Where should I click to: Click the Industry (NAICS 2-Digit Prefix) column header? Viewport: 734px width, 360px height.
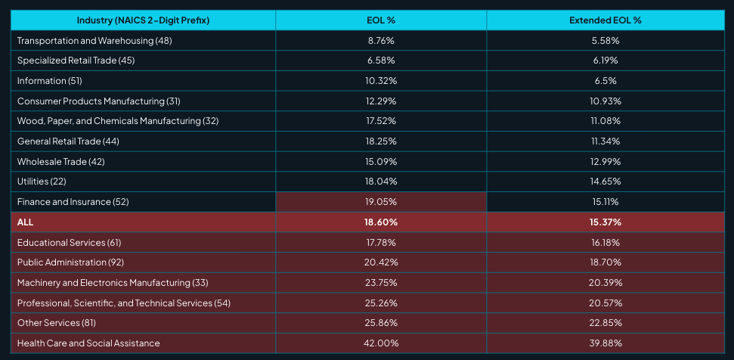pos(144,20)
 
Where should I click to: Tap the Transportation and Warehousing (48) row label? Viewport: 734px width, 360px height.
pos(94,40)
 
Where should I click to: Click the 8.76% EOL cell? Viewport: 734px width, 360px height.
pos(380,40)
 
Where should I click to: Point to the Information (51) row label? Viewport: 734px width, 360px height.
pos(51,80)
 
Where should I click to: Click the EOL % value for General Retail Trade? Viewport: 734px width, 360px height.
pos(380,141)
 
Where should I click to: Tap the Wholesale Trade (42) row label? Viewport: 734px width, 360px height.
pos(61,161)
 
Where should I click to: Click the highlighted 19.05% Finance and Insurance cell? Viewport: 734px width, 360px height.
pos(380,202)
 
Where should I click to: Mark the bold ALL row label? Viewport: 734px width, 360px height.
pos(25,222)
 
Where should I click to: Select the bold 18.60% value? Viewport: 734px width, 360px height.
pos(380,222)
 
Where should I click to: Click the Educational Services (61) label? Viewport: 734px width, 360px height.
pos(69,242)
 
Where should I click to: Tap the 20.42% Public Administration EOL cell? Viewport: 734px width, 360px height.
pos(380,262)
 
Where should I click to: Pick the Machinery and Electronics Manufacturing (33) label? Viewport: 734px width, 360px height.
pos(112,283)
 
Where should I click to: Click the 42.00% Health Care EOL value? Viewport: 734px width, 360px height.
pos(380,343)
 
